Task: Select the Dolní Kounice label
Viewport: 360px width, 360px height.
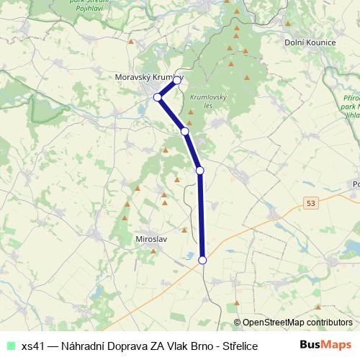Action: point(310,42)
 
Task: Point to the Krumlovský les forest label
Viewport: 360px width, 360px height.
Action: point(209,101)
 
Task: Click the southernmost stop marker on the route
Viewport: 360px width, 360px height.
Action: point(202,261)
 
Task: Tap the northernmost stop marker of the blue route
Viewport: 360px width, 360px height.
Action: point(176,81)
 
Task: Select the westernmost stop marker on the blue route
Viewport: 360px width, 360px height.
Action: point(158,97)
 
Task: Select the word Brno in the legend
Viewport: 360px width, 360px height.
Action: point(194,346)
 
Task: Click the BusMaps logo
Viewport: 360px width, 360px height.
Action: point(325,346)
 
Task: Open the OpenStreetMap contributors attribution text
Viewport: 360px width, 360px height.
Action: point(297,323)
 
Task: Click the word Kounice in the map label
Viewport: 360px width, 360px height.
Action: point(320,42)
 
